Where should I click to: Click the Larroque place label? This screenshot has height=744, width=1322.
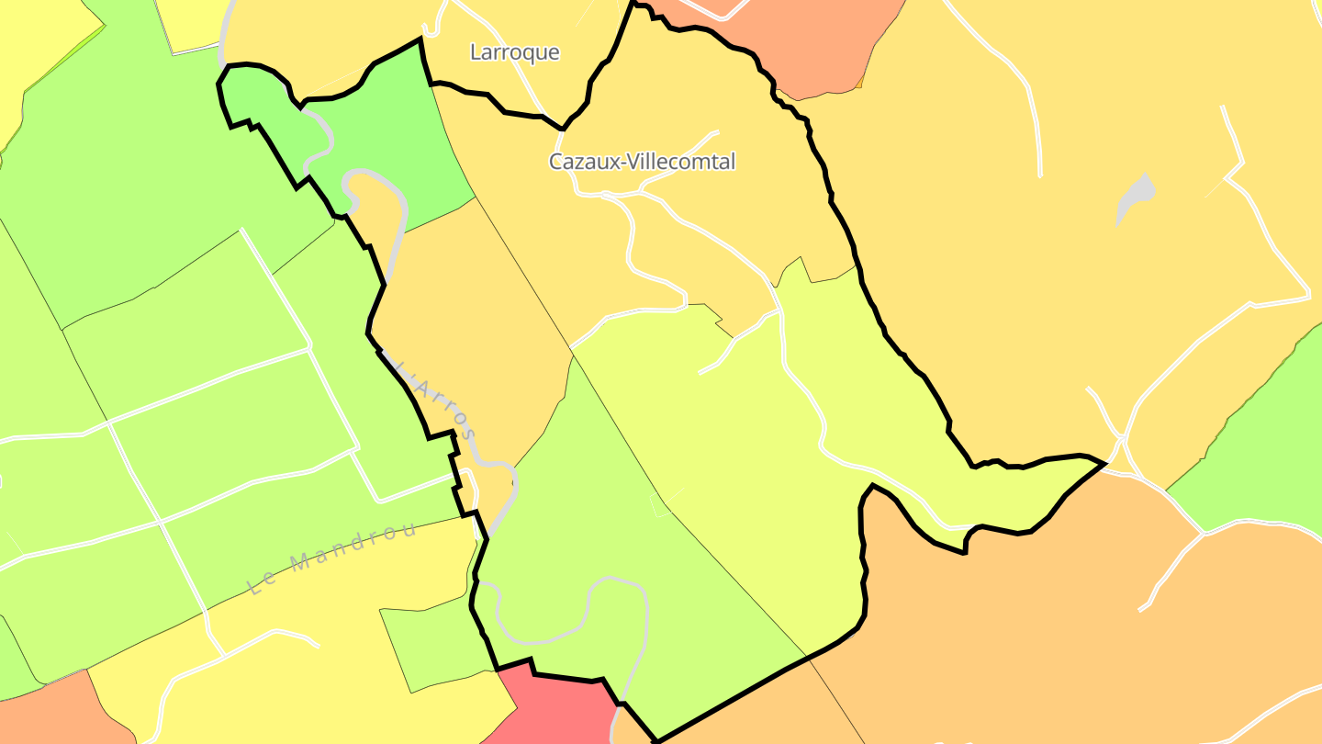click(514, 52)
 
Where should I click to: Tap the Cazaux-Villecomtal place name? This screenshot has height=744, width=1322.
click(642, 162)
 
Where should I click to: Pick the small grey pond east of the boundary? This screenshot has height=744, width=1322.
click(1135, 198)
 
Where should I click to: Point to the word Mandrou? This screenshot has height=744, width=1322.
click(353, 549)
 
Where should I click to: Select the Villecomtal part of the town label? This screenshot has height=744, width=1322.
click(684, 162)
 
